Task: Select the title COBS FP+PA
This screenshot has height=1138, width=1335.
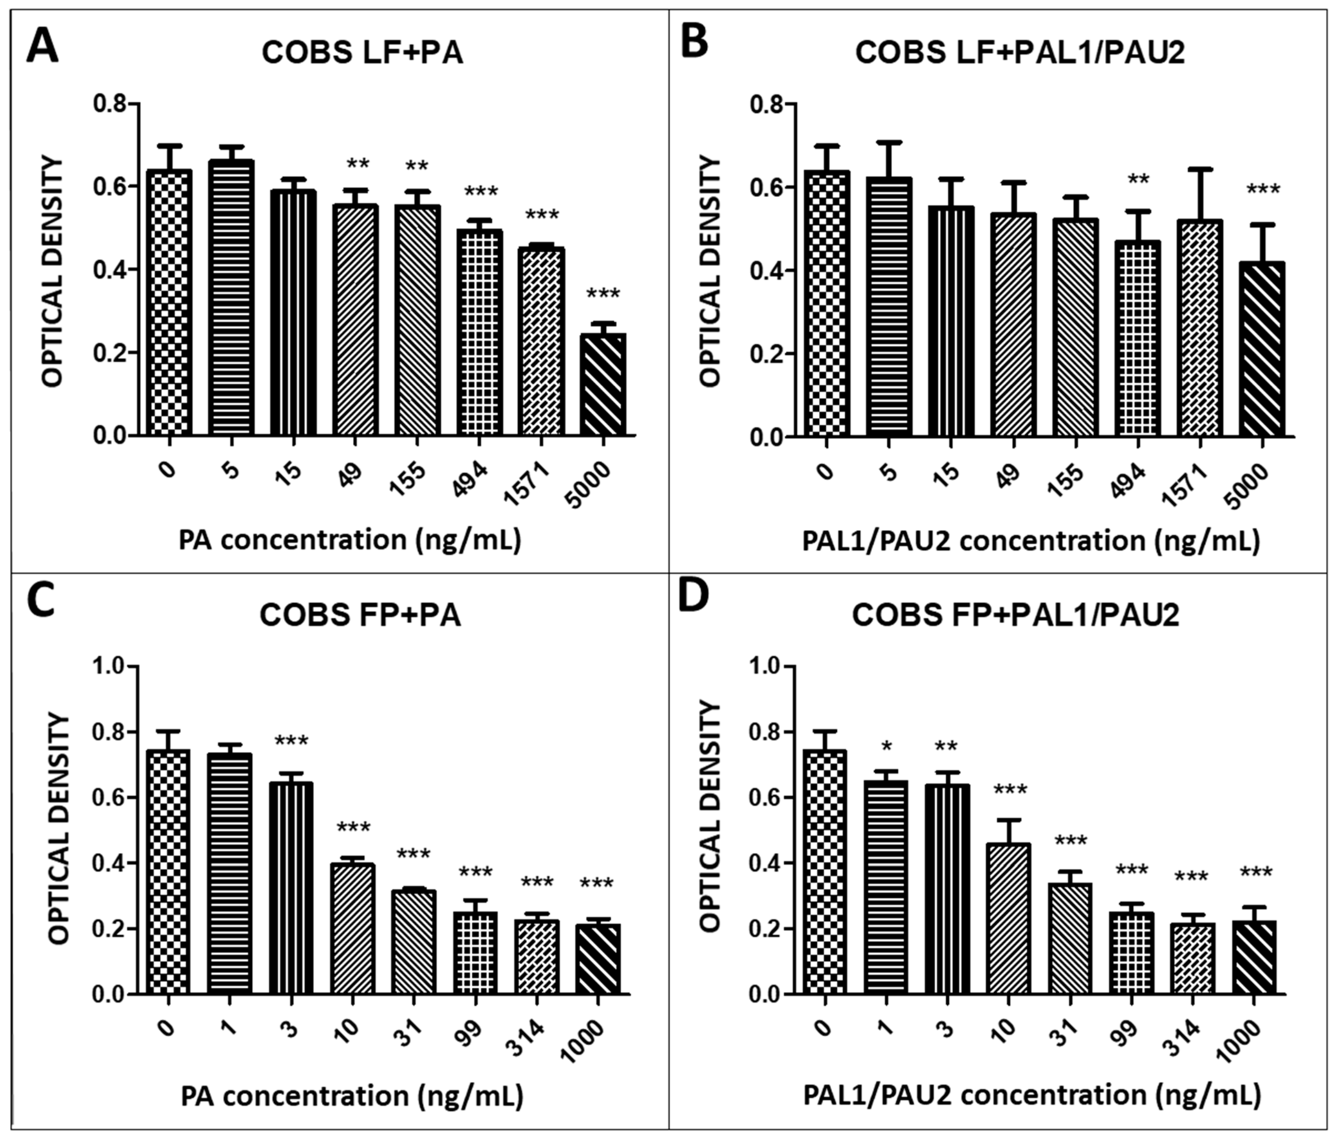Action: pos(360,615)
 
